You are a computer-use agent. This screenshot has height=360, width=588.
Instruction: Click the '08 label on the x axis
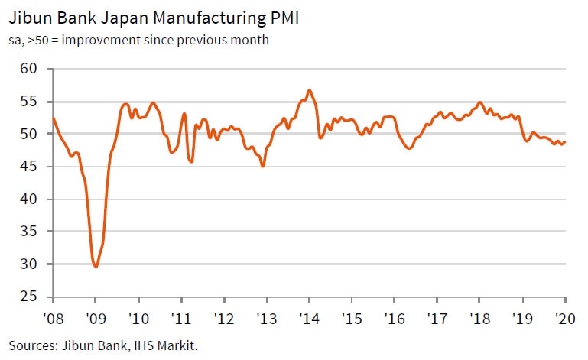[52, 318]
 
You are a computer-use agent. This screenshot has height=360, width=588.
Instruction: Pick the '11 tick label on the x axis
[180, 318]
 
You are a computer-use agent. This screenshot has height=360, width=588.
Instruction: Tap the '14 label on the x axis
[309, 318]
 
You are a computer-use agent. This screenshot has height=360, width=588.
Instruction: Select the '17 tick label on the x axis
[437, 318]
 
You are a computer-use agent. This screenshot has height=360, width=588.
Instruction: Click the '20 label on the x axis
[565, 318]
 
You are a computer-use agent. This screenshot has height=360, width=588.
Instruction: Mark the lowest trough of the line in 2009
[96, 267]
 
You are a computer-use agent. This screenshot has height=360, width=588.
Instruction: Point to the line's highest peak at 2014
[309, 90]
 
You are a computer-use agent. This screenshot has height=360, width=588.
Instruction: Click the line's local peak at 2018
[479, 102]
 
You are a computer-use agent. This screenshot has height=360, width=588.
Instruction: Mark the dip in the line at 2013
[263, 166]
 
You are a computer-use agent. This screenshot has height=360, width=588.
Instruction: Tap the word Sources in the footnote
[31, 345]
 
